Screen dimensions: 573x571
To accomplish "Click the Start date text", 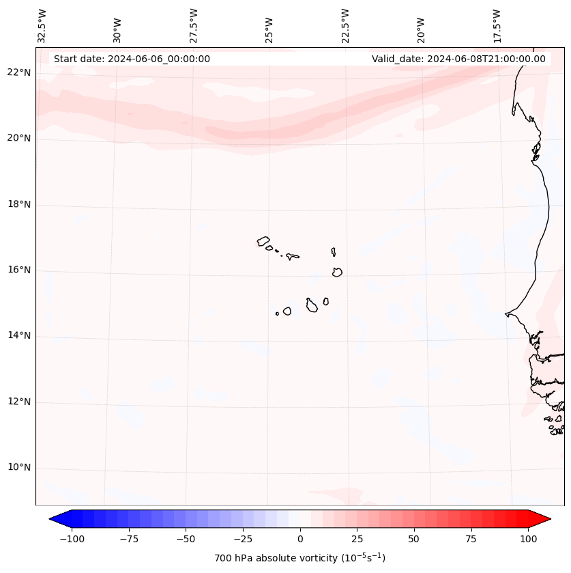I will [132, 59].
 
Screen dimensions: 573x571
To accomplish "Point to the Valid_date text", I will [458, 59].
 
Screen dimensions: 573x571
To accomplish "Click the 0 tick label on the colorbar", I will [300, 539].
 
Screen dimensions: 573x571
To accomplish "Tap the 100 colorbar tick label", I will [528, 539].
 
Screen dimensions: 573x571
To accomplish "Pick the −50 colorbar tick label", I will [186, 539].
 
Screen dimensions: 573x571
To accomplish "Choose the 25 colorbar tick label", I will [357, 539].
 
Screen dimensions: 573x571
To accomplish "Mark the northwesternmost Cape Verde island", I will [263, 241].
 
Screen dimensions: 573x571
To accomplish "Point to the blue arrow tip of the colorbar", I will [54, 519].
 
